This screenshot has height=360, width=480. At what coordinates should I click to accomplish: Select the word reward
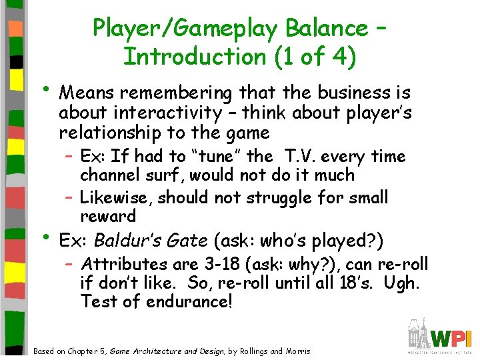108,216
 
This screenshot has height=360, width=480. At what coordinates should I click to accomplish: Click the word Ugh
403,283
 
